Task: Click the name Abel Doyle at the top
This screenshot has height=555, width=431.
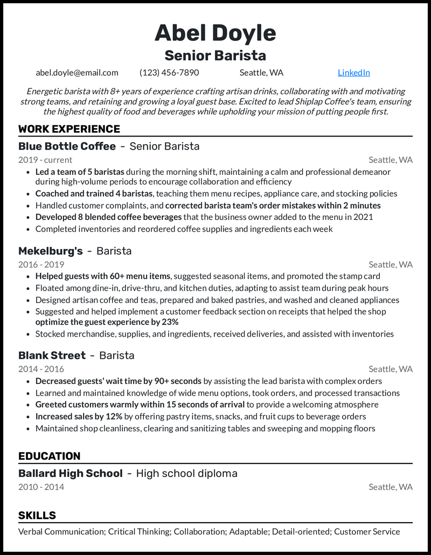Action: click(215, 33)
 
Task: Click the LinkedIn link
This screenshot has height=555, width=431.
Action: click(353, 73)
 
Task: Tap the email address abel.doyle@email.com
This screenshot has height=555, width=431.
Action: click(77, 73)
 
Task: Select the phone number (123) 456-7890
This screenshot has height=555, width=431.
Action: click(169, 73)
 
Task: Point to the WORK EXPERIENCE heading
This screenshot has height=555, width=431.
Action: click(69, 129)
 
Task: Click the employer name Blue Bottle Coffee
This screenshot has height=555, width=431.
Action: click(67, 146)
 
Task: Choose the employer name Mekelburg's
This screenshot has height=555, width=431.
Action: click(51, 251)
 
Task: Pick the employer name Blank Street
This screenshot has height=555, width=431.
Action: click(52, 355)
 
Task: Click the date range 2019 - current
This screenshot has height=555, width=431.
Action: click(45, 160)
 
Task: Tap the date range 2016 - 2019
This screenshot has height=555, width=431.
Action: click(41, 265)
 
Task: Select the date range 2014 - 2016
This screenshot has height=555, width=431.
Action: click(41, 369)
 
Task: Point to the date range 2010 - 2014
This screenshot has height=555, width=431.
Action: click(41, 487)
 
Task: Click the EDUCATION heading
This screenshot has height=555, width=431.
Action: click(49, 456)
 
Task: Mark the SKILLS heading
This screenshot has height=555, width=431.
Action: click(37, 515)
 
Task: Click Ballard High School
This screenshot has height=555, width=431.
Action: click(70, 474)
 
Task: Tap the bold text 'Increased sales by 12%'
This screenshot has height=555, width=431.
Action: click(79, 416)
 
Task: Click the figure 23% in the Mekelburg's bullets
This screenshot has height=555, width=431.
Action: click(170, 322)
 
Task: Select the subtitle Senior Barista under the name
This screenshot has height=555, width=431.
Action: click(215, 55)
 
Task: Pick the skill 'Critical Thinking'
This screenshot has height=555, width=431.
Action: click(138, 531)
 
